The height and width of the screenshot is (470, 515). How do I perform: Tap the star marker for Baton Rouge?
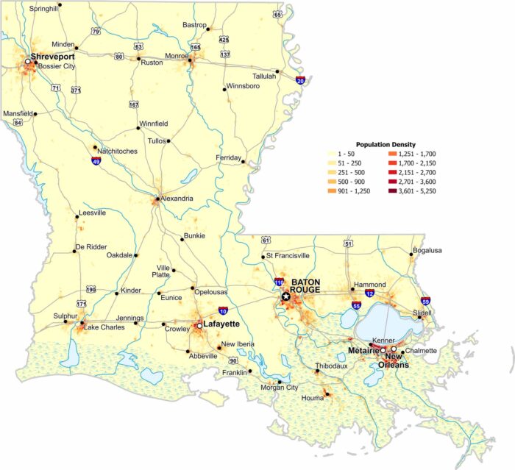[x=285, y=296]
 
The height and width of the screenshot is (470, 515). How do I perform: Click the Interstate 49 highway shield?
[x=96, y=160]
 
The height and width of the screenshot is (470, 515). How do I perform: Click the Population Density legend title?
[x=386, y=144]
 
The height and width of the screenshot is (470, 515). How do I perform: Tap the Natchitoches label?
[x=117, y=152]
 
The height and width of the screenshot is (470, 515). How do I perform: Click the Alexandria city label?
[x=177, y=199]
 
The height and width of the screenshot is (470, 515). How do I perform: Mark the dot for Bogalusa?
[x=411, y=254]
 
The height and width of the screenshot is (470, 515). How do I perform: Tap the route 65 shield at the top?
[x=277, y=14]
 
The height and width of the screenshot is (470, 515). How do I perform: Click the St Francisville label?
[x=289, y=256]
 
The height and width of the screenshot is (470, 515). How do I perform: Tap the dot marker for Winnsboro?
[x=224, y=90]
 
